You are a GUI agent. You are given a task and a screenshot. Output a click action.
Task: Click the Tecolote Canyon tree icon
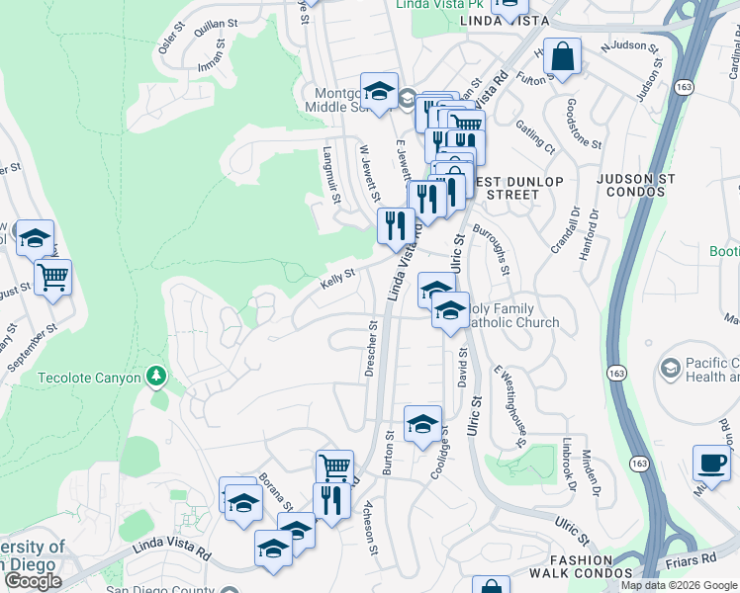pyautogui.click(x=154, y=377)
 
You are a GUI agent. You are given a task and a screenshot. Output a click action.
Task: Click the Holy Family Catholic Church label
pyautogui.click(x=511, y=316)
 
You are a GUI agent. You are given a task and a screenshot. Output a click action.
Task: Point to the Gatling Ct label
pyautogui.click(x=535, y=137)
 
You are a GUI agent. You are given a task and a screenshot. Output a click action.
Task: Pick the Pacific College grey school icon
pyautogui.click(x=671, y=368)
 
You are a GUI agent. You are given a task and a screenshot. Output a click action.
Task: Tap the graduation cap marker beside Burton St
pyautogui.click(x=422, y=422)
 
